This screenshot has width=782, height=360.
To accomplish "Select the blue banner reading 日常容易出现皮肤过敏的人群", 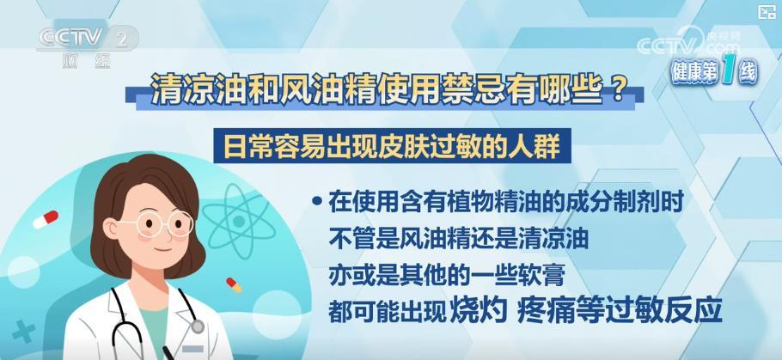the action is pos(392,147).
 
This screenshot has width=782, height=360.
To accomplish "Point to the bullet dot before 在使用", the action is pos(316,201).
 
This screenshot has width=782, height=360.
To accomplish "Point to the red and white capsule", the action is pos(46,219).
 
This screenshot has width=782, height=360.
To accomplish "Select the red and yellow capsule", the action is pos(234,284).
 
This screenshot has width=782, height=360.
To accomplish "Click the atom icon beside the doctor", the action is pos(239,222).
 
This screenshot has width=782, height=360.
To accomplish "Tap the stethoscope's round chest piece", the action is pos(197,326).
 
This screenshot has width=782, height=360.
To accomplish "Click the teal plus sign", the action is pos(23,332).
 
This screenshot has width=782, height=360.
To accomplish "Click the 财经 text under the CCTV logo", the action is pos(85,61).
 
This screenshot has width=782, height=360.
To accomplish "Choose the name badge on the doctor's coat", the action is pos(193,349).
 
